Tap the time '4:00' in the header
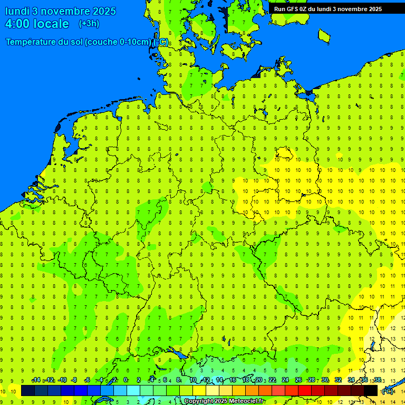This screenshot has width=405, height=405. pyautogui.click(x=17, y=24)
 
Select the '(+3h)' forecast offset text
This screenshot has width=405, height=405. pyautogui.click(x=89, y=24)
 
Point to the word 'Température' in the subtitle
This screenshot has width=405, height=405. pyautogui.click(x=31, y=42)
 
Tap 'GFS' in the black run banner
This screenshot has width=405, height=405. pyautogui.click(x=293, y=9)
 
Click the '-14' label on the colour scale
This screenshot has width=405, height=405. pyautogui.click(x=36, y=380)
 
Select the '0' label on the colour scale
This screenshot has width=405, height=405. pyautogui.click(x=126, y=380)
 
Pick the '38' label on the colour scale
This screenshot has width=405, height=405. pyautogui.click(x=378, y=380)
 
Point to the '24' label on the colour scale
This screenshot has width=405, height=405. pyautogui.click(x=285, y=380)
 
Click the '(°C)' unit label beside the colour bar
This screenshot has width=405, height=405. pyautogui.click(x=388, y=391)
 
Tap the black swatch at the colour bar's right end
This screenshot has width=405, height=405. pyautogui.click(x=371, y=391)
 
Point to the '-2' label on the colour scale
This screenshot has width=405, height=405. pyautogui.click(x=113, y=380)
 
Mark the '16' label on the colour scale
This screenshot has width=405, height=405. pyautogui.click(x=232, y=380)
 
